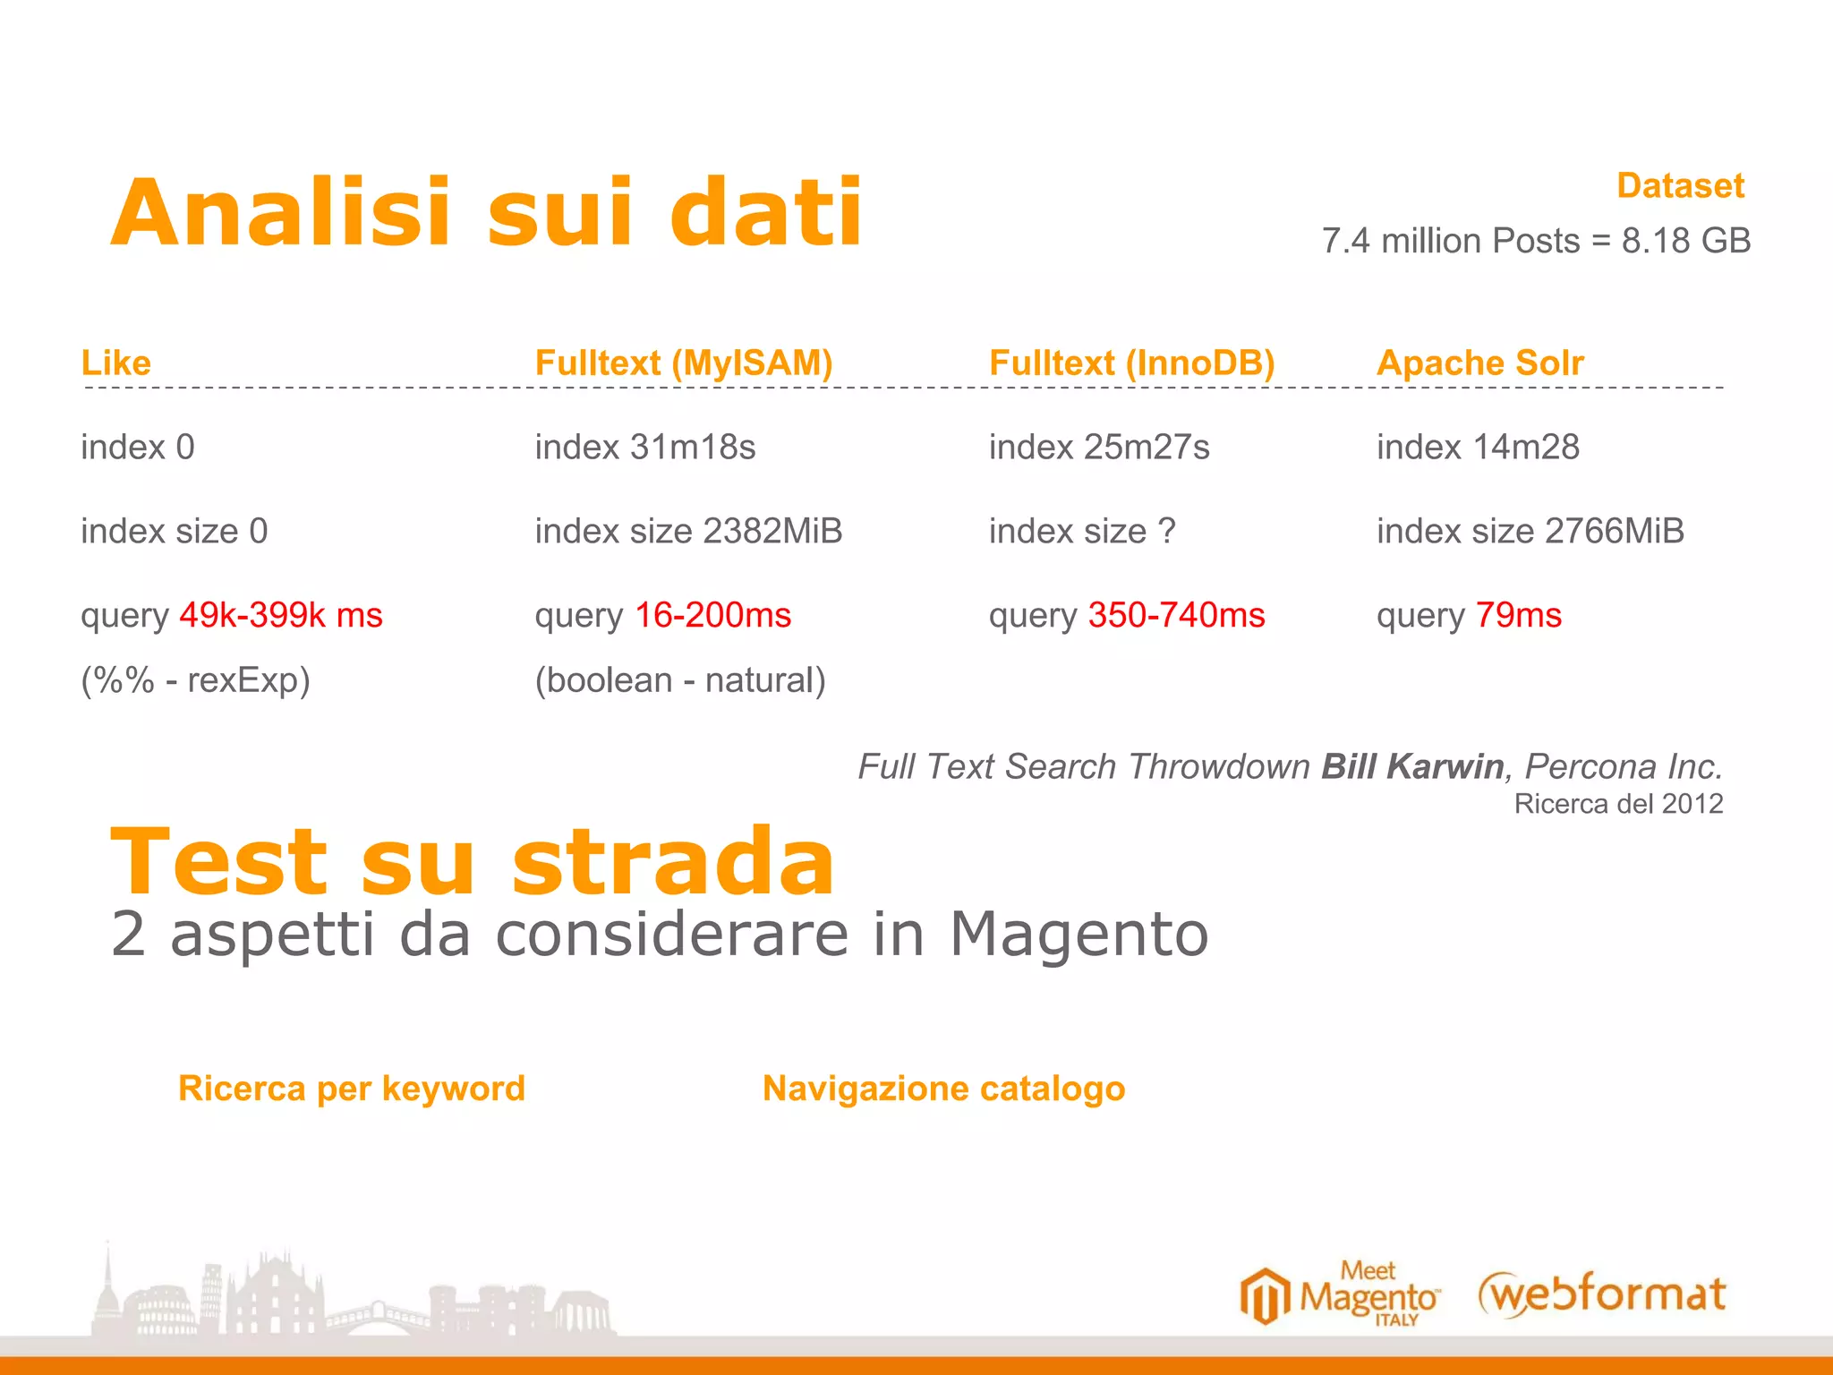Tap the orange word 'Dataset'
(1680, 186)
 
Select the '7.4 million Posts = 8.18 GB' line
(1536, 241)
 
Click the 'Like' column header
(116, 363)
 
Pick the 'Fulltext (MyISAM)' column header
(684, 363)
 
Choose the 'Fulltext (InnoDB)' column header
(1131, 363)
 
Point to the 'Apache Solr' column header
(1479, 363)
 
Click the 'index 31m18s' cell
(644, 447)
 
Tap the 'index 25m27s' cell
(1098, 447)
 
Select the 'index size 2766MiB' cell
(1530, 531)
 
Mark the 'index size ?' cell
(1081, 531)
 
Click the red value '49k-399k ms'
(281, 615)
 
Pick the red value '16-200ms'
(712, 615)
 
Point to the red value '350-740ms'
(1176, 615)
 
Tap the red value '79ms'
(1518, 615)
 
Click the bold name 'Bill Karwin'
(1412, 766)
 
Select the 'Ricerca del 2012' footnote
(1618, 804)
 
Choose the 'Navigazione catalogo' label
(943, 1089)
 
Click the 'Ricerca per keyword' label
(352, 1089)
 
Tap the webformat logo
(1602, 1294)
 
